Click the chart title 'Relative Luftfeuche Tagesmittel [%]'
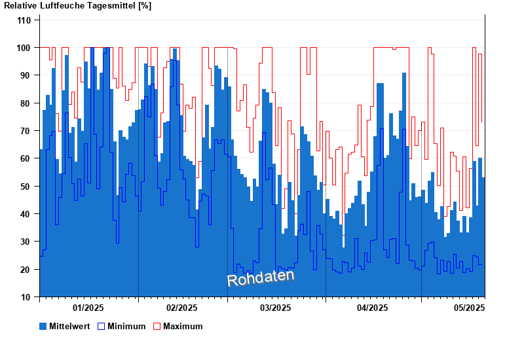click(77, 6)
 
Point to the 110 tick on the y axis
click(24, 20)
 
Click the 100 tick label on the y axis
click(24, 48)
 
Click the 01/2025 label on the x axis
click(88, 308)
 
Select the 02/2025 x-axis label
click(182, 308)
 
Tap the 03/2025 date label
click(276, 308)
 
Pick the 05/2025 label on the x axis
click(469, 308)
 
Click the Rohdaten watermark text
click(261, 278)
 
